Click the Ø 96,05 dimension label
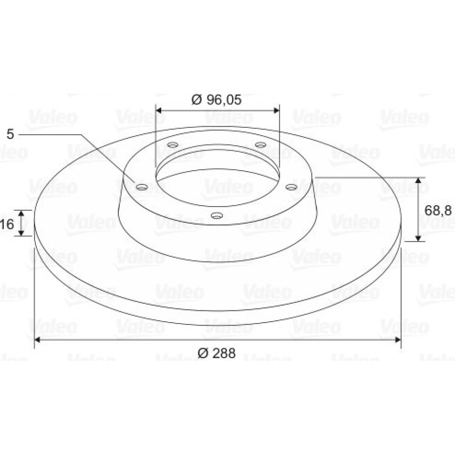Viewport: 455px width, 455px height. [217, 100]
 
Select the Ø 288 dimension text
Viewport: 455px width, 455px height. [217, 353]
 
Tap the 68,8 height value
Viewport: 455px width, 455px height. [438, 210]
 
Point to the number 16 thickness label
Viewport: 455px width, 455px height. [7, 224]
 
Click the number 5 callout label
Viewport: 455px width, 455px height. [10, 134]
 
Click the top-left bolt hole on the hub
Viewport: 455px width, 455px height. [173, 145]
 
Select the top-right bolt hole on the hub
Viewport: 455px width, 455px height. [260, 145]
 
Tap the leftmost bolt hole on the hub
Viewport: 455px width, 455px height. [142, 187]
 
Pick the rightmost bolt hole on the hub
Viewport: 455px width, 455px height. [291, 187]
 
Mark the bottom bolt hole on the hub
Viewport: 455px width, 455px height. [217, 216]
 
